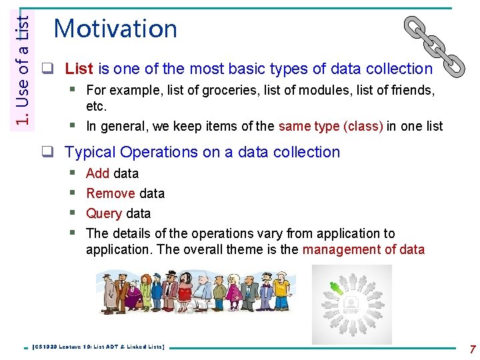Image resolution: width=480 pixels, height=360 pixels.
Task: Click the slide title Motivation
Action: (x=115, y=29)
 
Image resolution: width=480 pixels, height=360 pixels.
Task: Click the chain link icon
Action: (x=435, y=45)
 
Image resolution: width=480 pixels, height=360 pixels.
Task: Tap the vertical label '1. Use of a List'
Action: (x=23, y=64)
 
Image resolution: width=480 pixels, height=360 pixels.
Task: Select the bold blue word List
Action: (x=79, y=69)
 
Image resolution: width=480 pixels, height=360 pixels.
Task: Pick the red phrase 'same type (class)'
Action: (x=331, y=126)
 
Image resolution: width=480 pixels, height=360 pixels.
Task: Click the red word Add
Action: (x=97, y=173)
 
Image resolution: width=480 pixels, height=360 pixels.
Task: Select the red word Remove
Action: (x=111, y=193)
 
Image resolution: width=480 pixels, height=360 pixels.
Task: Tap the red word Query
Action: (x=104, y=213)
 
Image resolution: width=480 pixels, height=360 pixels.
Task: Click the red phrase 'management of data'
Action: (x=363, y=250)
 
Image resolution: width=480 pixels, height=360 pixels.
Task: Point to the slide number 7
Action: (x=472, y=349)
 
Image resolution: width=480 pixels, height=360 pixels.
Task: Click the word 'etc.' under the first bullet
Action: (x=97, y=107)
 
